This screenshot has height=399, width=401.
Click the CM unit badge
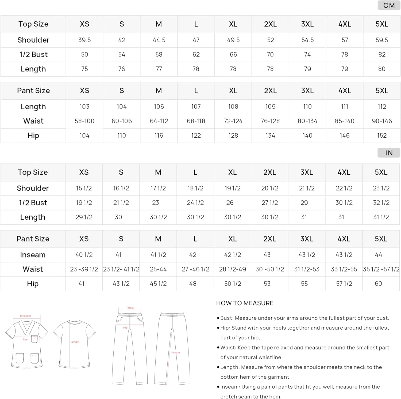pos(389,5)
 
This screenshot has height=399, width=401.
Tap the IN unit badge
pos(389,153)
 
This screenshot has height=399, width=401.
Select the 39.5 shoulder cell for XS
pos(84,40)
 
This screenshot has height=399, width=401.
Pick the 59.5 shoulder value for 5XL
pos(382,40)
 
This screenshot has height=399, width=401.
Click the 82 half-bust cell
pos(382,55)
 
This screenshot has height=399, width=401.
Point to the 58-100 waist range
pos(84,121)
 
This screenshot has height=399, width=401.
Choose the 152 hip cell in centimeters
pos(382,135)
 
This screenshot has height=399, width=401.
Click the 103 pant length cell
pos(84,107)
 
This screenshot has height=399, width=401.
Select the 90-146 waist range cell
pos(382,121)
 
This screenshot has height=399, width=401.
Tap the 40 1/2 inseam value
pos(84,255)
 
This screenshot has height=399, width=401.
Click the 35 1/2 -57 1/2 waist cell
pos(381,269)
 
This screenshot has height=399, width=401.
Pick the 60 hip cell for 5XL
pos(378,284)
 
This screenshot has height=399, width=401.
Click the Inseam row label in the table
pos(33,255)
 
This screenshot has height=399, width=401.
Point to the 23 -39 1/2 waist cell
pos(84,269)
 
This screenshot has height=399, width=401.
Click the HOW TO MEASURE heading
pos(245,303)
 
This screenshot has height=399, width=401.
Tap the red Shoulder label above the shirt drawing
pos(25,316)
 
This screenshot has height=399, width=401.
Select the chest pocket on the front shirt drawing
pos(34,339)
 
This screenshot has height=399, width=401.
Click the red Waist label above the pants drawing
pos(131,308)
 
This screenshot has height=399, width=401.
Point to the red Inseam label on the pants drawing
pos(175,352)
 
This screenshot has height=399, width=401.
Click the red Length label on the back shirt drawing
pos(75,342)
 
